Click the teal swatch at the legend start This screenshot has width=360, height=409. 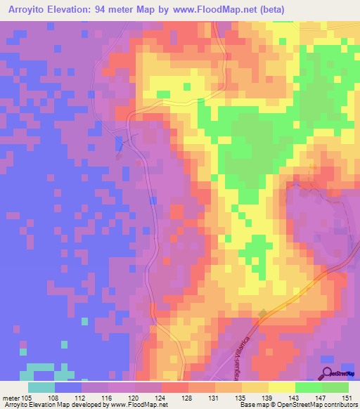click(x=41, y=388)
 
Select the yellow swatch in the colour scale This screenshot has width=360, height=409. click(x=281, y=388)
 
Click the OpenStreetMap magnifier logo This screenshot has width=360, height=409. click(x=327, y=372)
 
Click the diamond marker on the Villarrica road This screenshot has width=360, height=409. click(x=262, y=314)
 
